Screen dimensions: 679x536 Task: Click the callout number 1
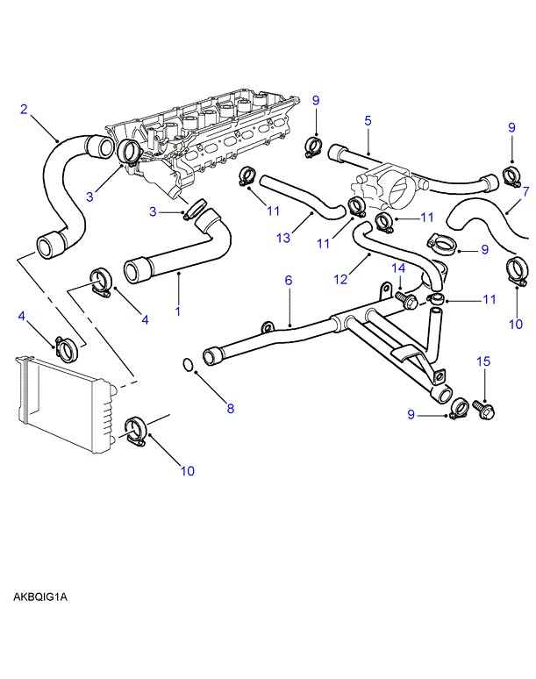tap(180, 311)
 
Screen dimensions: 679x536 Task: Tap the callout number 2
tap(25, 110)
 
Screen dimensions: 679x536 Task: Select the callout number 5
tap(368, 121)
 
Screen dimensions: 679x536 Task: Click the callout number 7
tap(525, 190)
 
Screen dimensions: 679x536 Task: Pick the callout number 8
tap(231, 408)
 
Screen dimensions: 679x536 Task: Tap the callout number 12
tap(340, 279)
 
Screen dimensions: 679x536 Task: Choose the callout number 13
tap(283, 239)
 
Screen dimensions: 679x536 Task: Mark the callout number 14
tap(397, 268)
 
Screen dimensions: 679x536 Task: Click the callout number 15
tap(482, 361)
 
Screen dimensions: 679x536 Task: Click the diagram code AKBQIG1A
tap(40, 597)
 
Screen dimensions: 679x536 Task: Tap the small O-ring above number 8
tap(188, 364)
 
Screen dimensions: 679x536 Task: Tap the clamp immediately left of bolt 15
tap(459, 407)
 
